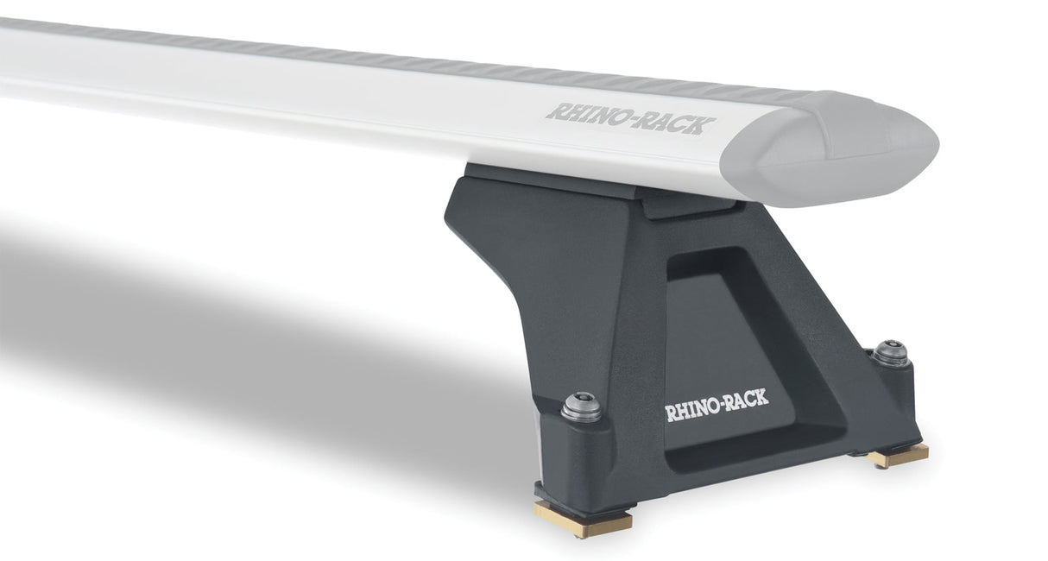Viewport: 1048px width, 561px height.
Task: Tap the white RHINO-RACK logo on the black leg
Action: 716,406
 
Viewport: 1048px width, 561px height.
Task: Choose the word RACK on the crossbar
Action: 678,123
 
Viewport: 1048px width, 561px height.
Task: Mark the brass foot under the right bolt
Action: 900,455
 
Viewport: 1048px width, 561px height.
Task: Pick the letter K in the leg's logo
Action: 761,400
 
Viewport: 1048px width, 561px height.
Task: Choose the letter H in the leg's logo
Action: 681,410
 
